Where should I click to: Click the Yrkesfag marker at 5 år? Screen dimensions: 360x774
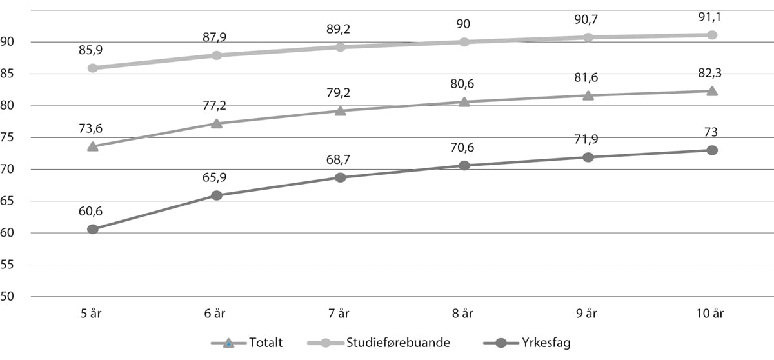tap(93, 229)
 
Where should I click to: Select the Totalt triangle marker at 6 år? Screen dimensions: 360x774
tap(217, 123)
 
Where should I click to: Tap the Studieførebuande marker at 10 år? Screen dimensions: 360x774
tap(712, 35)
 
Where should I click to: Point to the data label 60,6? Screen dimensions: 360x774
tap(93, 210)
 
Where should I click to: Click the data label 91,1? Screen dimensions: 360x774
tap(712, 16)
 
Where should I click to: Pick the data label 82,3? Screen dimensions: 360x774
tap(712, 73)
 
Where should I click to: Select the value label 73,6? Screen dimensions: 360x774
tap(93, 127)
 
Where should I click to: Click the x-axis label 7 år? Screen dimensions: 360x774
tap(341, 314)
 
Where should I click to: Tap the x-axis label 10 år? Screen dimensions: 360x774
tap(712, 314)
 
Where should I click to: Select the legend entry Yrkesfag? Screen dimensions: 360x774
tap(541, 343)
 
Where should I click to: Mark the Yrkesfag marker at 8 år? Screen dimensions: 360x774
tap(464, 166)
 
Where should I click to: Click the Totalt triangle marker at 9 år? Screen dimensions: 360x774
tap(588, 95)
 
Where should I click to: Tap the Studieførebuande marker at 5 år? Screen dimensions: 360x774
tap(93, 68)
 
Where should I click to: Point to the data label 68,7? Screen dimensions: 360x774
tap(341, 158)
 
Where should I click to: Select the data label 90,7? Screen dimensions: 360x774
tap(588, 19)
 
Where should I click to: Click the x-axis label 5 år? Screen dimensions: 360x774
tap(93, 314)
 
